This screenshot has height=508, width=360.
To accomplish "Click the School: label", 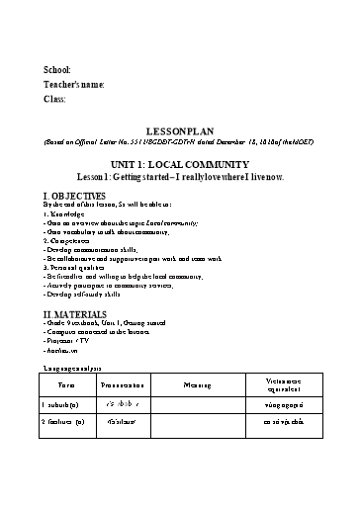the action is (x=57, y=70).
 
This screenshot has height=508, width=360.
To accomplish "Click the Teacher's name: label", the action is (x=74, y=85).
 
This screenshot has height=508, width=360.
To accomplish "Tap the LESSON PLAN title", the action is (x=179, y=129).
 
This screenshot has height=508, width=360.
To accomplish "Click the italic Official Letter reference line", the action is (x=179, y=141).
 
